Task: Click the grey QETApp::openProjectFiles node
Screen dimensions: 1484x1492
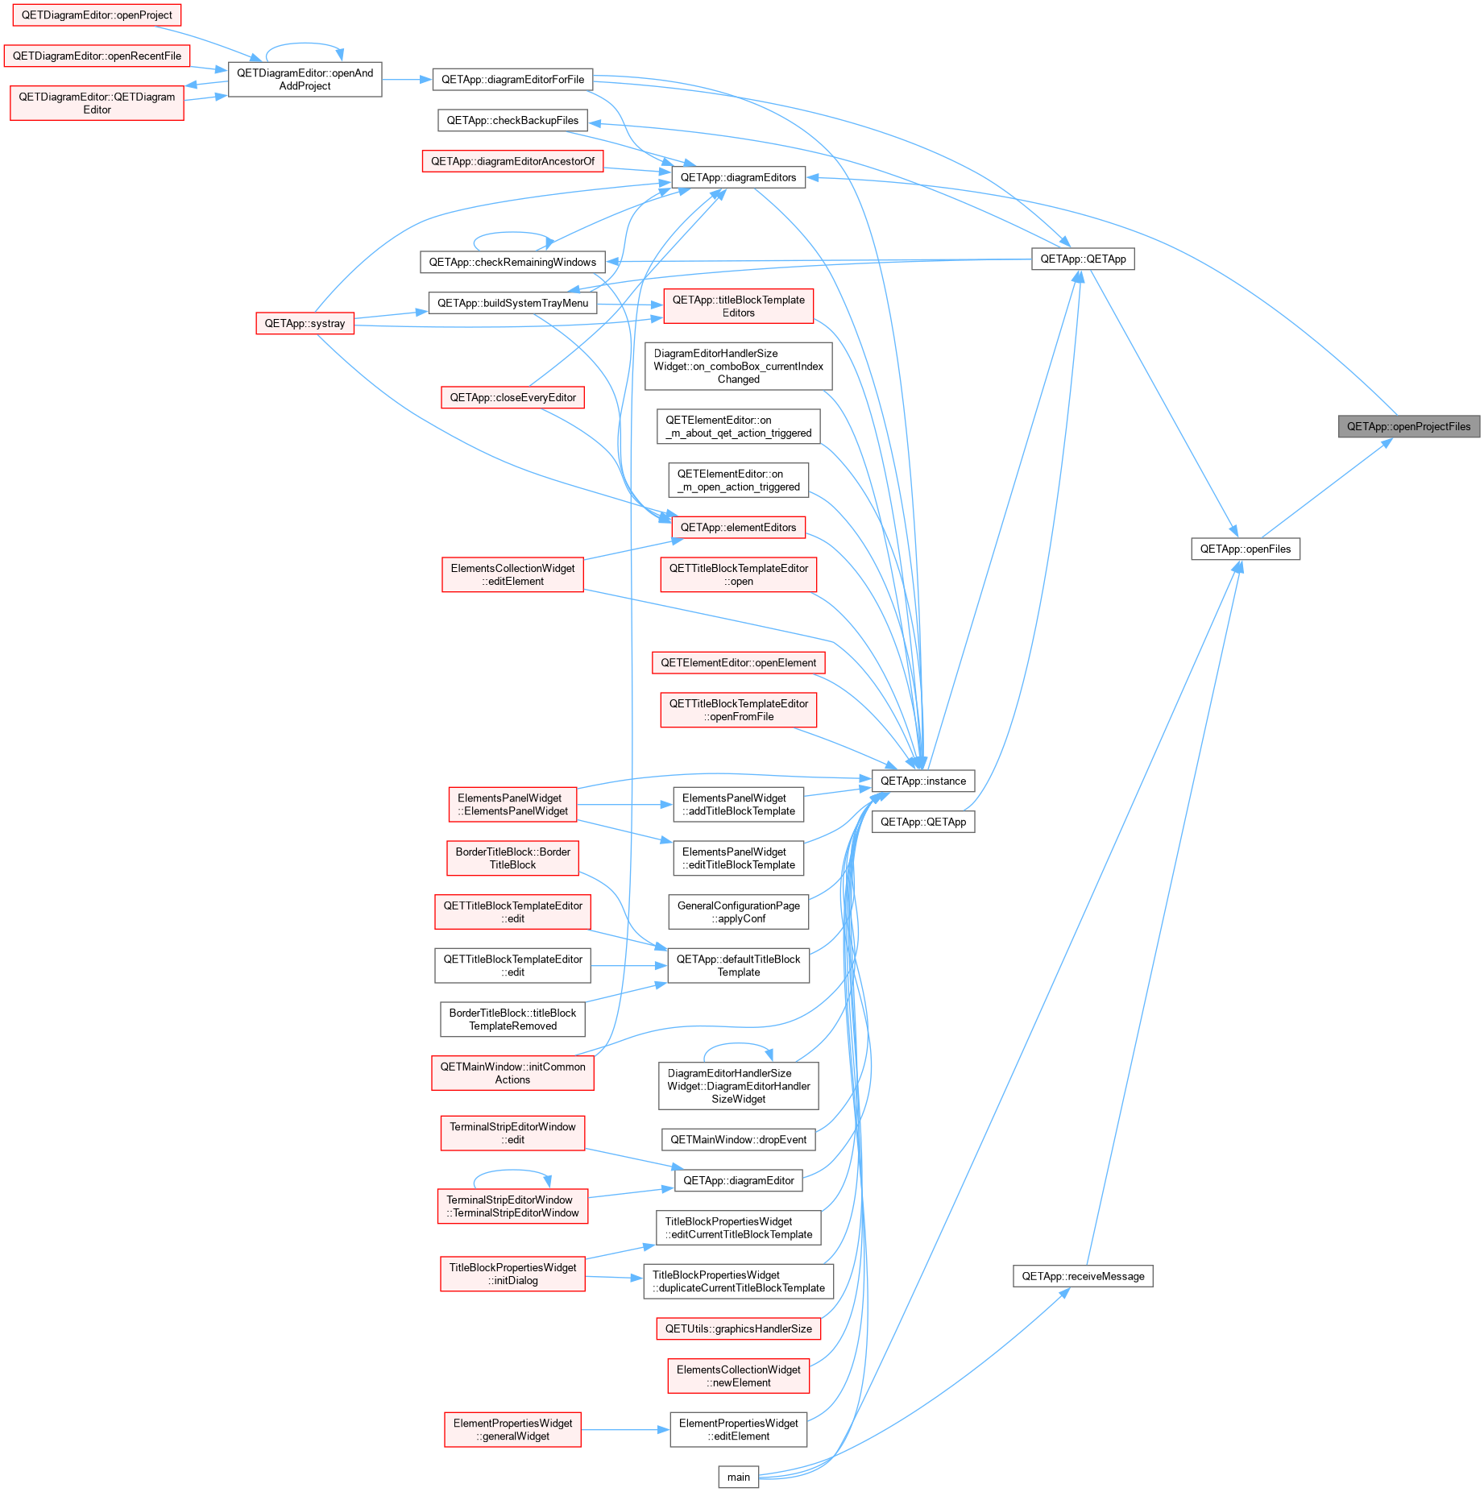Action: (1408, 427)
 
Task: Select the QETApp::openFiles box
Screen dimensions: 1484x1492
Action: (1246, 549)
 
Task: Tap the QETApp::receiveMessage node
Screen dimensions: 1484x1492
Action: (1083, 1276)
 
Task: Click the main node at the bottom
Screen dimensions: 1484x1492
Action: (739, 1477)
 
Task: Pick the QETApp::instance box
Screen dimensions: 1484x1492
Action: (923, 781)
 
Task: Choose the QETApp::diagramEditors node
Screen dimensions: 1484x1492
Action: (738, 177)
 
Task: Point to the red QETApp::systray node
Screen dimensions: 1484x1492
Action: (305, 323)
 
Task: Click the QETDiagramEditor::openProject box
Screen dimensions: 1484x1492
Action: (97, 15)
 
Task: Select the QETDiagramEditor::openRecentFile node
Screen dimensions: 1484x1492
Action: (97, 56)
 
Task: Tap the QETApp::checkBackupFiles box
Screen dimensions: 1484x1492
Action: (512, 121)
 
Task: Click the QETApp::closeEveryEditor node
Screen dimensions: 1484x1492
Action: (512, 398)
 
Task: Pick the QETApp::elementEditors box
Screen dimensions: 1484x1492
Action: (738, 528)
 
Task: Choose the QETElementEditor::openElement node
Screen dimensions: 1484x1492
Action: (738, 663)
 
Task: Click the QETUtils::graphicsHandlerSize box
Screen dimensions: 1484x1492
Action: (738, 1329)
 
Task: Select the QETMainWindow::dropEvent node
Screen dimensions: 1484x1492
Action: (738, 1140)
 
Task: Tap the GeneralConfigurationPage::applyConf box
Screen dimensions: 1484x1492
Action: (738, 912)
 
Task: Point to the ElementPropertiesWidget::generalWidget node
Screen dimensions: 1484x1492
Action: (512, 1430)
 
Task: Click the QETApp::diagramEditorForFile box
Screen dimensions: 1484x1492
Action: (512, 80)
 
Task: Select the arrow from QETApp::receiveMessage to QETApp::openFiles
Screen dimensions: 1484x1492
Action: (1164, 913)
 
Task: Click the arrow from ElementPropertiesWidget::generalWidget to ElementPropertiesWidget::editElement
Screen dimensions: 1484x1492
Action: (625, 1430)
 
